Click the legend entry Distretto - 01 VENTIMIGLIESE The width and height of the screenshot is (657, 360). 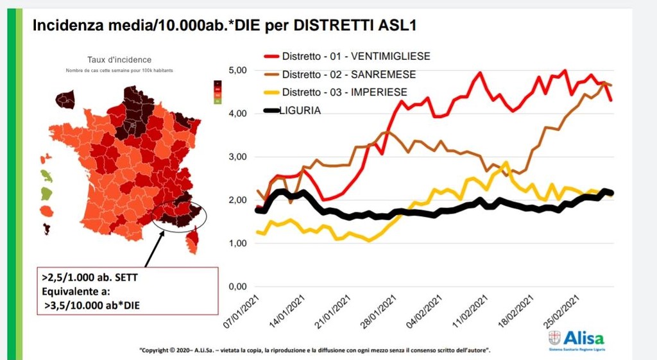click(356, 56)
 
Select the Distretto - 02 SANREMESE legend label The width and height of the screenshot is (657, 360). click(348, 74)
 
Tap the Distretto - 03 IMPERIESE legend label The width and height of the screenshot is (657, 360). click(345, 92)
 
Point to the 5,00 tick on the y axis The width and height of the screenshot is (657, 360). click(238, 70)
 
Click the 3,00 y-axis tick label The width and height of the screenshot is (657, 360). click(238, 157)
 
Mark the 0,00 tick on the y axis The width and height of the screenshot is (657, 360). click(238, 286)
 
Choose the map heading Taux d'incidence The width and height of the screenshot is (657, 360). click(119, 59)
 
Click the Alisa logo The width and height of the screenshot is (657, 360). click(576, 339)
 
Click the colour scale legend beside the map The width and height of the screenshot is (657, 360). click(217, 92)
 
